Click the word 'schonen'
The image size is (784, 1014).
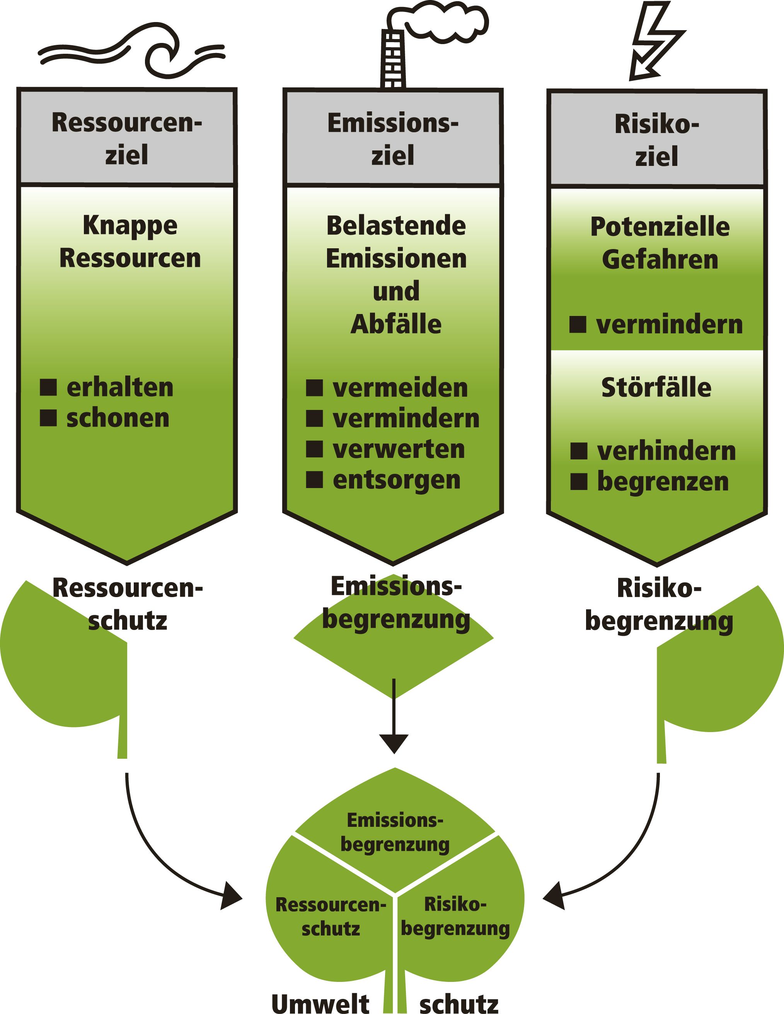pyautogui.click(x=118, y=418)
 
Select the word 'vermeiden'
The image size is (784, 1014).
pyautogui.click(x=400, y=388)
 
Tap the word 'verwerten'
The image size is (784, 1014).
pyautogui.click(x=399, y=449)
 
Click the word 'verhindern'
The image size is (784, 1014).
pyautogui.click(x=666, y=451)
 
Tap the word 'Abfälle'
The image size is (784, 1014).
pyautogui.click(x=396, y=324)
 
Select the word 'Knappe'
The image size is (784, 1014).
pyautogui.click(x=130, y=225)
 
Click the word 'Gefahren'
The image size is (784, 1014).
pyautogui.click(x=660, y=259)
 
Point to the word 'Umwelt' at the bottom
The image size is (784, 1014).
pyautogui.click(x=320, y=1003)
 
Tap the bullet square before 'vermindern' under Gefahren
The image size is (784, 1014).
pyautogui.click(x=578, y=324)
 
